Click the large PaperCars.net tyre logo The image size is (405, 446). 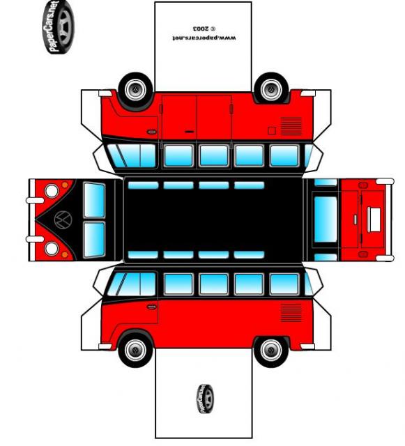(59, 27)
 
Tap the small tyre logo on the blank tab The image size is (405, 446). (206, 399)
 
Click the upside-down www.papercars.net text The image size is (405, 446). (204, 38)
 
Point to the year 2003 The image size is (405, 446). (201, 29)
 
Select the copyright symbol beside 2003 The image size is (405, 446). (213, 29)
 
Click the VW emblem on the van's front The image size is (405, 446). (63, 220)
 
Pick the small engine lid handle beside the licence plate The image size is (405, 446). (356, 220)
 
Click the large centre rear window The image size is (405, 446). (326, 220)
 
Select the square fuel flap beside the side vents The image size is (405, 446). (272, 130)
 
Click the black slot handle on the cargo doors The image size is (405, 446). (190, 132)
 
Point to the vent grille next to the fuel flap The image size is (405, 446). (291, 126)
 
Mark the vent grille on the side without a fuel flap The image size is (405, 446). (291, 313)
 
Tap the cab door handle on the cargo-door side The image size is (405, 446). (151, 132)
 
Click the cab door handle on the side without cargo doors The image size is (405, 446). (151, 307)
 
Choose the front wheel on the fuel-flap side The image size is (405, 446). (135, 90)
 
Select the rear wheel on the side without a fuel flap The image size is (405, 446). (271, 350)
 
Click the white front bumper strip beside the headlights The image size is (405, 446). (32, 220)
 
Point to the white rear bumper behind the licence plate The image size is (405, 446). (390, 220)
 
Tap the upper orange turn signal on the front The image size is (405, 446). (65, 185)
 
